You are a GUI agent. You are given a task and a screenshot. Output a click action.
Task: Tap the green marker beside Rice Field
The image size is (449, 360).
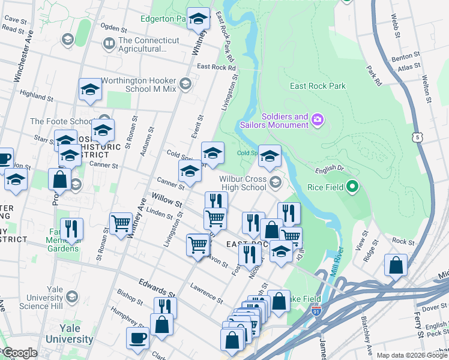click(352, 188)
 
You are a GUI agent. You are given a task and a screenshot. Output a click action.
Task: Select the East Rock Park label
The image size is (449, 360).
click(318, 86)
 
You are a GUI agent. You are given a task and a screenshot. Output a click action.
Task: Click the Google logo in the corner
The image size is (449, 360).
click(19, 353)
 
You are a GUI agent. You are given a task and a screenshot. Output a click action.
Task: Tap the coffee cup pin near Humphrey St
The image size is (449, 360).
click(137, 337)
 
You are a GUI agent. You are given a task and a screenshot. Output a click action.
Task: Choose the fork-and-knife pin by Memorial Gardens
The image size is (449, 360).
click(71, 229)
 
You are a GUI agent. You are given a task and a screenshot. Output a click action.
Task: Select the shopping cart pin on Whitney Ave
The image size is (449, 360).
click(121, 223)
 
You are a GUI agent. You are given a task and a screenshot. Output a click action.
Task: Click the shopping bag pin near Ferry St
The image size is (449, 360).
click(396, 265)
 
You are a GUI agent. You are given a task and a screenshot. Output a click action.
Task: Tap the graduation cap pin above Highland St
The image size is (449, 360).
click(90, 89)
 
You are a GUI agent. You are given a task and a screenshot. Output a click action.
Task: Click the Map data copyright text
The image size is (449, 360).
click(411, 355)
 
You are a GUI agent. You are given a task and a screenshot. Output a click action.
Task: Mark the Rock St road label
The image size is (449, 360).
click(403, 241)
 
